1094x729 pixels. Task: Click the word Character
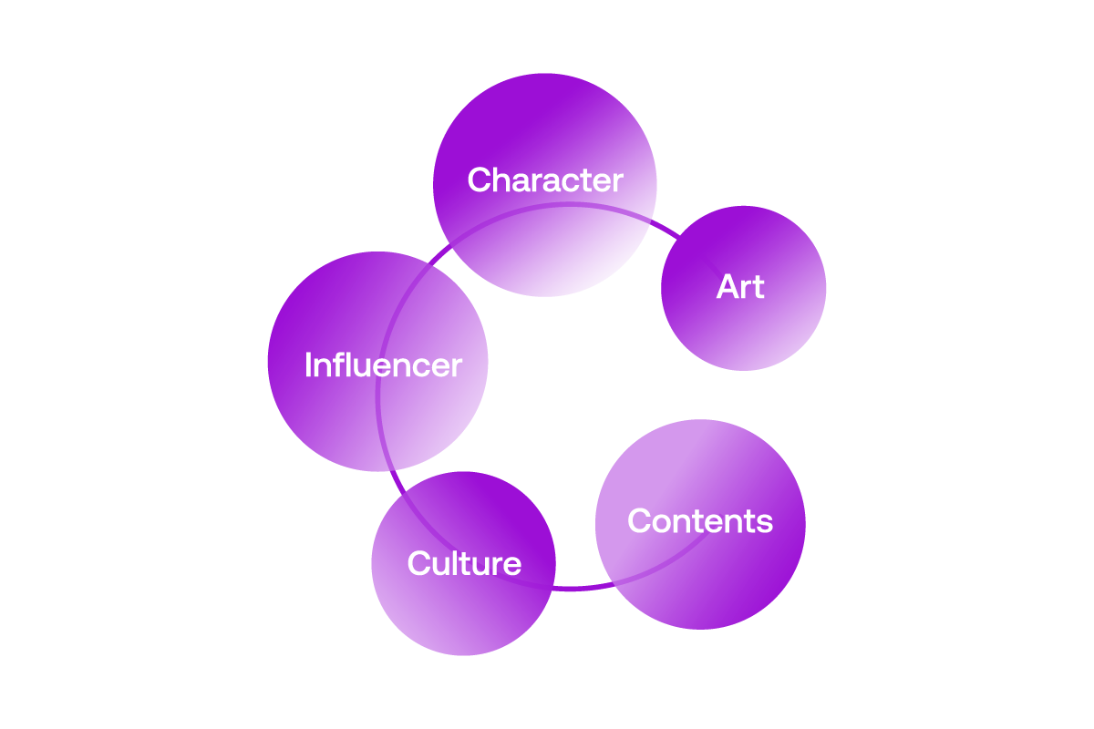click(545, 180)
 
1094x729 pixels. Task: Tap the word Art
click(740, 287)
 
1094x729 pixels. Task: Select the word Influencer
click(383, 365)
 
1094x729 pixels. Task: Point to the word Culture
click(464, 563)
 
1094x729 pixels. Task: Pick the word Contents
click(700, 521)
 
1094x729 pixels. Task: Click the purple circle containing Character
click(544, 237)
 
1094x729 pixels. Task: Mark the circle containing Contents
click(700, 574)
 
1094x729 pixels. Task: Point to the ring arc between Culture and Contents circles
click(574, 587)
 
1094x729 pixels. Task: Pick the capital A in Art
click(727, 287)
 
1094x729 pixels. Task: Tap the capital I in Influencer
click(308, 365)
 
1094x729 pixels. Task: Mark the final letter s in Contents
click(765, 523)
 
